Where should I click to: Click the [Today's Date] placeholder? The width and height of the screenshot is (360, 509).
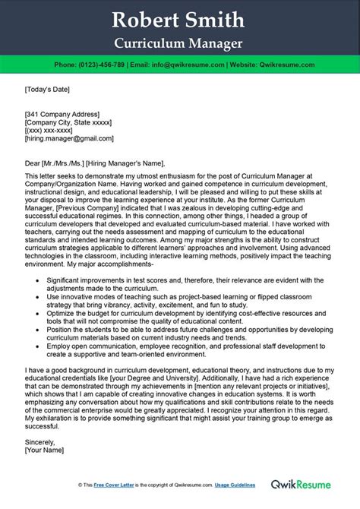pyautogui.click(x=47, y=89)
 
